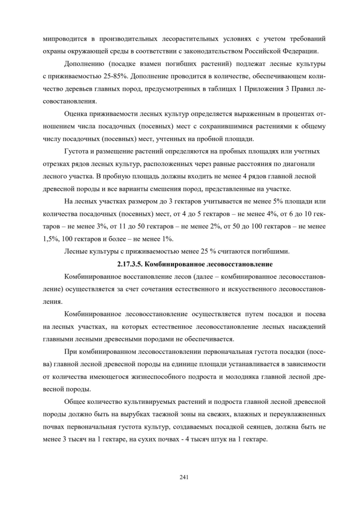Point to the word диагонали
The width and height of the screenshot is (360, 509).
(x=303, y=164)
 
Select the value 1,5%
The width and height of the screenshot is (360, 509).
(x=51, y=238)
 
